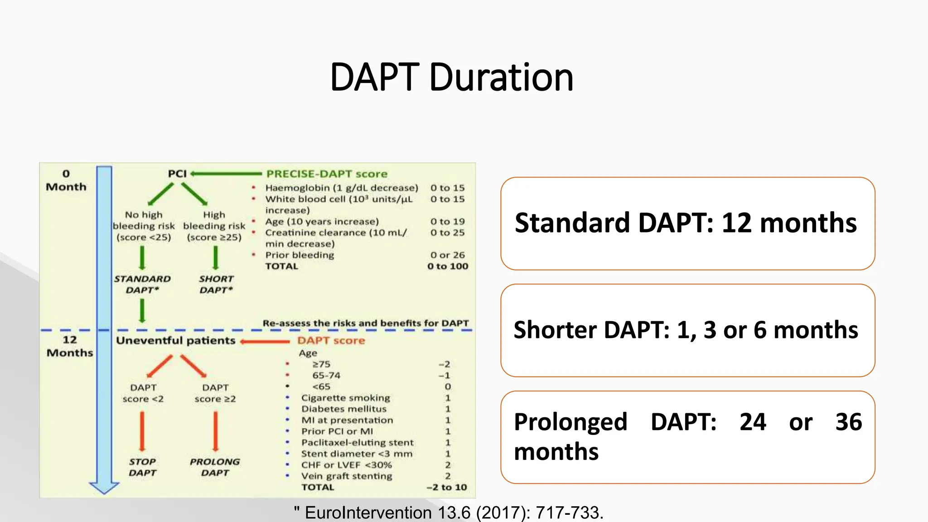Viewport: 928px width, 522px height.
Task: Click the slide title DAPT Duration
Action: click(x=452, y=77)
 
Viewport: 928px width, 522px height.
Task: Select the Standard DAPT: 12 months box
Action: click(x=687, y=223)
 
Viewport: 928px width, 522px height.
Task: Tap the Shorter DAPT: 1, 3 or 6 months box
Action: click(x=687, y=330)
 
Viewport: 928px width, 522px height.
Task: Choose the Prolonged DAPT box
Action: click(x=687, y=437)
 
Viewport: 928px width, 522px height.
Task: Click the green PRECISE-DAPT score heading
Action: click(x=327, y=174)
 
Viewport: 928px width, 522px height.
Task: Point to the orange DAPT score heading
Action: click(x=331, y=341)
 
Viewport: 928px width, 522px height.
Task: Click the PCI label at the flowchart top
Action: click(x=177, y=174)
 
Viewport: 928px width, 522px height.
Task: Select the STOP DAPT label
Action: click(x=142, y=467)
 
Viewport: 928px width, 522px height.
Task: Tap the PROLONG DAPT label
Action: click(x=215, y=467)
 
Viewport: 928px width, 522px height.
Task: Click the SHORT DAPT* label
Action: click(x=216, y=285)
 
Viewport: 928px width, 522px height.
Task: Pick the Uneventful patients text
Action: click(x=176, y=341)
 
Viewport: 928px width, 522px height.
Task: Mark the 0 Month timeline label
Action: click(x=66, y=180)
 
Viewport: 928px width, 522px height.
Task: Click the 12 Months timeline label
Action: click(x=70, y=346)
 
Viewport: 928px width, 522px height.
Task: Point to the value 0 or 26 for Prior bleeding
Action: click(x=447, y=255)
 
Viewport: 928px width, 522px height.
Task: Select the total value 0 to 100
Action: click(x=447, y=266)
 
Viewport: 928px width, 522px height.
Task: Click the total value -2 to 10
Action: click(x=446, y=488)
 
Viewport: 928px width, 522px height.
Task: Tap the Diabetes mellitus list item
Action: click(x=344, y=409)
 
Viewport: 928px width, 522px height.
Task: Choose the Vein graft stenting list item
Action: click(x=347, y=476)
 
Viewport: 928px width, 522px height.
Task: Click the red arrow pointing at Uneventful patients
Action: click(x=265, y=341)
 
